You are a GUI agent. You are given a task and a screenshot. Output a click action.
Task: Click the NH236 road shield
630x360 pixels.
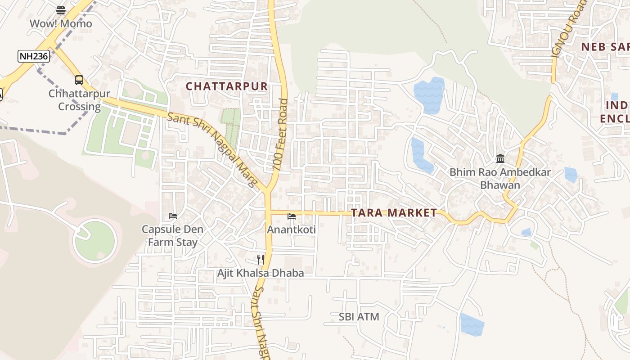click(x=34, y=56)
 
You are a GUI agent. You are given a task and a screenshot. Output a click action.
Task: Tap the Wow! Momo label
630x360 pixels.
click(x=61, y=23)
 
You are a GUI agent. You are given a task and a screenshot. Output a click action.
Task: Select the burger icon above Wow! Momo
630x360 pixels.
click(x=61, y=10)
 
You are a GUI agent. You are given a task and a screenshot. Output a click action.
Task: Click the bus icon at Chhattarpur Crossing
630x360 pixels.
click(x=79, y=80)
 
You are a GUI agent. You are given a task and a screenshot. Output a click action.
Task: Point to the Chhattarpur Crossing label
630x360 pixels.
click(x=79, y=100)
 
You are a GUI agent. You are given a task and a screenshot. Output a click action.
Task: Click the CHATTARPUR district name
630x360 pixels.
click(x=227, y=86)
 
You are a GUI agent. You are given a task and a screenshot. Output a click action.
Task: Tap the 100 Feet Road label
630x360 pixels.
click(x=280, y=135)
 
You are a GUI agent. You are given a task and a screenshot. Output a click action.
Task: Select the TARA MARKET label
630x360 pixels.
click(x=394, y=213)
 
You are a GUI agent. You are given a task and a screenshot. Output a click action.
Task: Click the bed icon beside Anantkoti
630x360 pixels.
click(x=292, y=216)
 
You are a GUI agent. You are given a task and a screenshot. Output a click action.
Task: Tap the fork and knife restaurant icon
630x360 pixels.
click(x=261, y=259)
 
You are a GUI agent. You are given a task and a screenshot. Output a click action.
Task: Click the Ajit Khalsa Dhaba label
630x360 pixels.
click(x=261, y=273)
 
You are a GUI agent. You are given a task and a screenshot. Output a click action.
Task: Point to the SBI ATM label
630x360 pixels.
click(x=359, y=317)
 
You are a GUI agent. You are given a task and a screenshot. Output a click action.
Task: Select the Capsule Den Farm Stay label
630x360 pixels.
click(x=173, y=236)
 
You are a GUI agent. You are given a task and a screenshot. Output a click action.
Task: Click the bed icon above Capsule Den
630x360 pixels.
click(x=173, y=216)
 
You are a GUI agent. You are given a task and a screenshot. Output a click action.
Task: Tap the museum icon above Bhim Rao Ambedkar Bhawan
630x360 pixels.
click(x=500, y=158)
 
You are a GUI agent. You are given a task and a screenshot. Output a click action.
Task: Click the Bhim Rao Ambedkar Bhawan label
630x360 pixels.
click(x=500, y=179)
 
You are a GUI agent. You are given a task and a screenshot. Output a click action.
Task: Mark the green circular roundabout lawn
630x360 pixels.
click(x=95, y=241)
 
